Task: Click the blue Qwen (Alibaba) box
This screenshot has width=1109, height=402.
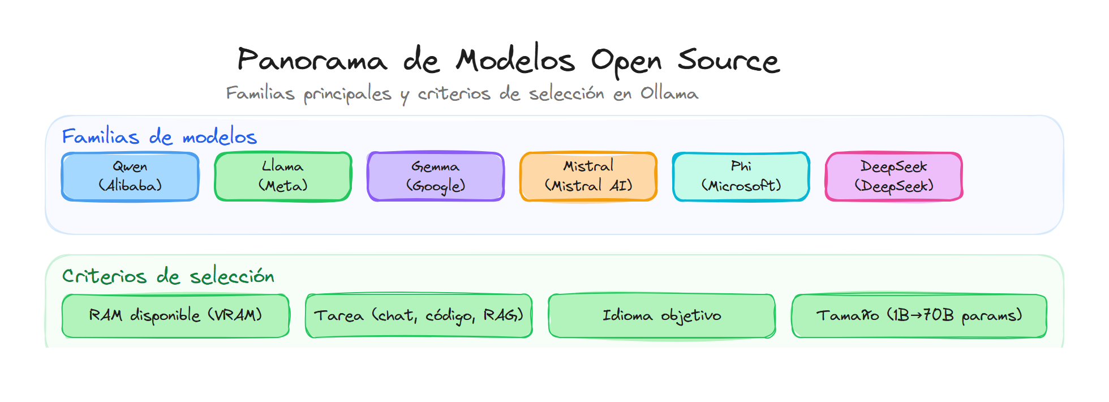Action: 130,176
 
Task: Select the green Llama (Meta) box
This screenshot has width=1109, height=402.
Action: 283,176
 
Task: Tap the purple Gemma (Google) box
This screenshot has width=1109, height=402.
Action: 436,176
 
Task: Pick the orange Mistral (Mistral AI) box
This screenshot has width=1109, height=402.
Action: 588,176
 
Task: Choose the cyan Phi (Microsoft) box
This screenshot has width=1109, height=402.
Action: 741,176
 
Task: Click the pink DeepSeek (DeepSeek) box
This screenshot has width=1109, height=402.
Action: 894,176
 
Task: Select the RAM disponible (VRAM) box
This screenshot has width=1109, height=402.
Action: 175,315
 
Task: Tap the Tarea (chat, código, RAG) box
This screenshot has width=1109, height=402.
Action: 419,315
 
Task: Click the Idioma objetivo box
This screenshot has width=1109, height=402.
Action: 662,315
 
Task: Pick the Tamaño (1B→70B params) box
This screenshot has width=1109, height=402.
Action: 919,315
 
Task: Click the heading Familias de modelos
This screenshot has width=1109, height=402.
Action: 159,136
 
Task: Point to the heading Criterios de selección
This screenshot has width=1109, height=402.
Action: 168,276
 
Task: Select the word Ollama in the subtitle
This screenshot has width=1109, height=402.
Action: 669,93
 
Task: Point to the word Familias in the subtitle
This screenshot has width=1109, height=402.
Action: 260,93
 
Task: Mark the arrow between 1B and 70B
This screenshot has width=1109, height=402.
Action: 916,315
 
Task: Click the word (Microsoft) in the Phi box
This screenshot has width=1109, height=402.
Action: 741,186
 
